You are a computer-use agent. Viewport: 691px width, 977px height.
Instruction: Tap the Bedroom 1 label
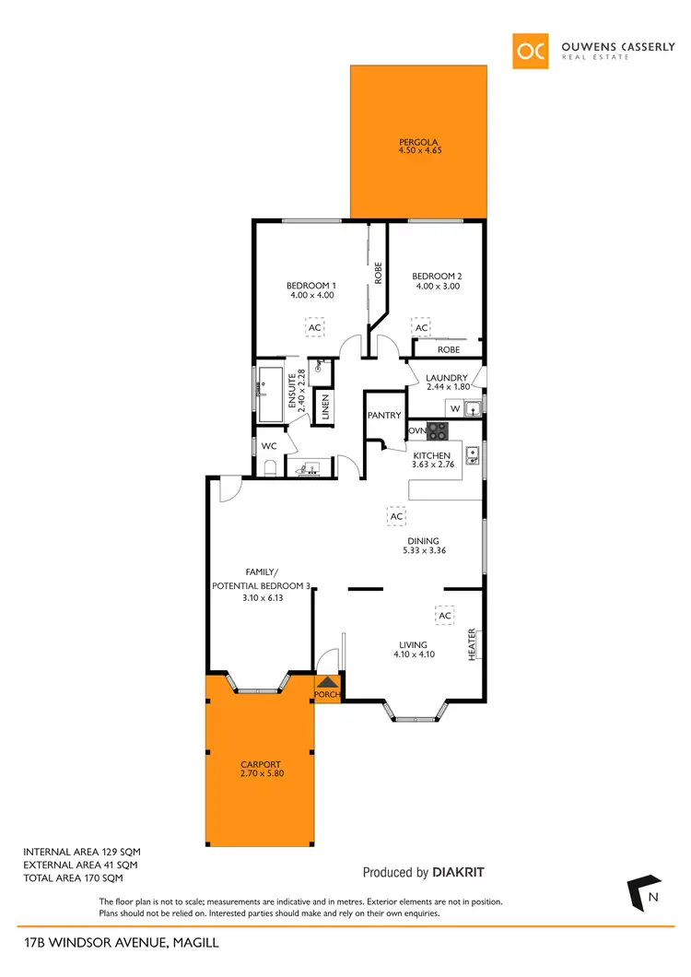310,286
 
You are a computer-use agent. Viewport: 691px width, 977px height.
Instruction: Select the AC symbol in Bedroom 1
314,327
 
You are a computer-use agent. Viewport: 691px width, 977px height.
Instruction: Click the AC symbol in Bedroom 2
421,328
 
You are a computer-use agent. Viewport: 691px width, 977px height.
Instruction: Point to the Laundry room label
447,378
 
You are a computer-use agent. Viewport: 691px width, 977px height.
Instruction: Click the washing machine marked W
454,407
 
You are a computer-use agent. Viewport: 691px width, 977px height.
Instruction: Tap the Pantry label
384,416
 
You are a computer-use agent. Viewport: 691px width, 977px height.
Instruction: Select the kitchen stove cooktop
436,430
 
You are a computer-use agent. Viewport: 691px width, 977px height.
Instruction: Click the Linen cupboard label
324,406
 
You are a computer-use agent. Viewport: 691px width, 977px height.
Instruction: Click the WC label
269,446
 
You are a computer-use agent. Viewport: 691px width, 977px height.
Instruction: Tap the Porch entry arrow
328,683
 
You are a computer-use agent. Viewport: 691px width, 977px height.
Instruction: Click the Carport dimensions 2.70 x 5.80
260,774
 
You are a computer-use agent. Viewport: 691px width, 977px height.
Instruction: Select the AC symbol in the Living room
444,616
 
